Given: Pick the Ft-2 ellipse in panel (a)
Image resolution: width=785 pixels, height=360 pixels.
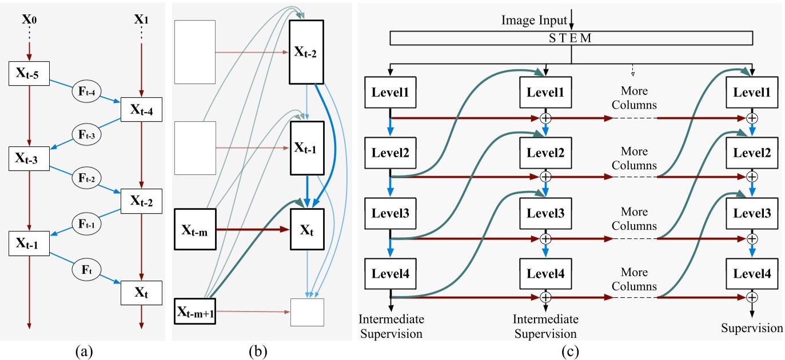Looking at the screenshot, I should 86,178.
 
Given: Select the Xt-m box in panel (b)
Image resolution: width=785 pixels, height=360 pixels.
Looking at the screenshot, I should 194,230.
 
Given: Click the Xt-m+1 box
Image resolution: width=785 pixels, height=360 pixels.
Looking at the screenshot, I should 194,312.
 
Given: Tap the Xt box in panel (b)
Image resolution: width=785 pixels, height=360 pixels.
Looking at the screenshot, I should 307,230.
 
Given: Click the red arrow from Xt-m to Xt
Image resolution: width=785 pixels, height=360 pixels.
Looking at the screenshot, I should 252,230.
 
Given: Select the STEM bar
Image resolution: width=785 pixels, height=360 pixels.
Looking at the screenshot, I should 571,38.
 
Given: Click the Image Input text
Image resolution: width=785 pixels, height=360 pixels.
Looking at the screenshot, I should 534,21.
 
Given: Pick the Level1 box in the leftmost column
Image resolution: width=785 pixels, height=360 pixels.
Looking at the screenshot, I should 390,93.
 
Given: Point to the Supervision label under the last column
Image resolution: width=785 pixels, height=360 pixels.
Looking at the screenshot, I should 752,328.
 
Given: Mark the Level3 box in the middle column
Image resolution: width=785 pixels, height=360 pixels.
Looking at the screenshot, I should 545,213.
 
